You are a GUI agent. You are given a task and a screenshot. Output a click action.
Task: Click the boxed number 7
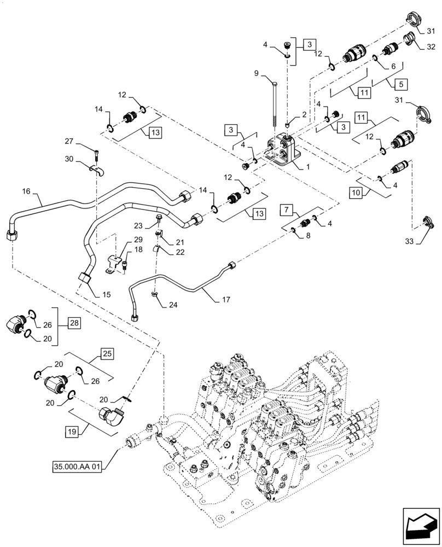pyautogui.click(x=288, y=210)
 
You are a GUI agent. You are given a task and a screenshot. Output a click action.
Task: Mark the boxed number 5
pyautogui.click(x=400, y=84)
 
